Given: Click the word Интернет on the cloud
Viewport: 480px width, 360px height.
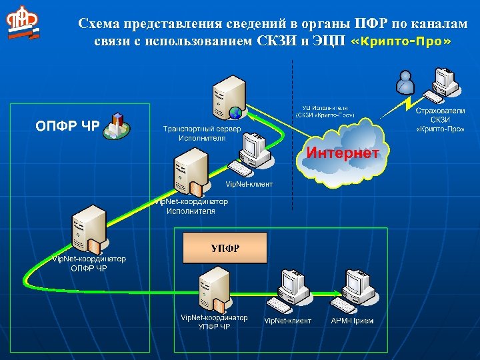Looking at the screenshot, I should click(343, 153).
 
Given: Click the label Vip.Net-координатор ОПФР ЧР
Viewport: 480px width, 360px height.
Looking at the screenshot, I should click(89, 263).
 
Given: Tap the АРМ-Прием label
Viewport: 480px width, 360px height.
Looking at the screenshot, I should click(352, 321).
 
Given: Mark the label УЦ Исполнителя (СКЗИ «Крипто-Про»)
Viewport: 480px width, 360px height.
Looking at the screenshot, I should click(325, 111).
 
